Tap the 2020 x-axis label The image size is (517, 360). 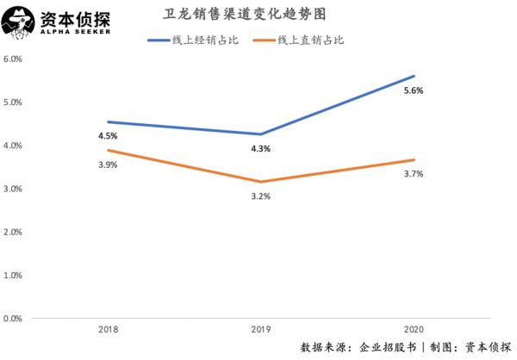click(x=414, y=331)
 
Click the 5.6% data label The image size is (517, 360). click(x=414, y=90)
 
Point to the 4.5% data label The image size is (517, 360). click(x=107, y=135)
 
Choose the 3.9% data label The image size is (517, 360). click(x=107, y=164)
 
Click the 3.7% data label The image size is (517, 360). click(x=414, y=174)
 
